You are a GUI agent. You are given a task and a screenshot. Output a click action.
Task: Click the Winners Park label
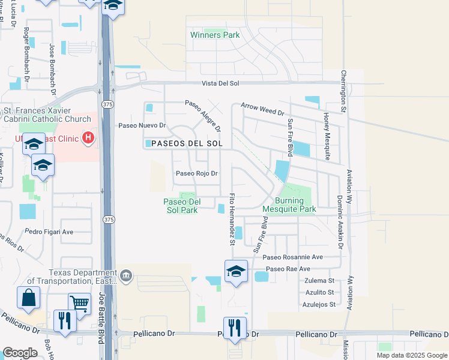pos(215,35)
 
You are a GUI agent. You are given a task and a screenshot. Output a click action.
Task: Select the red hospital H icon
pos(88,139)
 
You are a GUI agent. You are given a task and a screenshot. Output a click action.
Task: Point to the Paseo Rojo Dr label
pos(196,173)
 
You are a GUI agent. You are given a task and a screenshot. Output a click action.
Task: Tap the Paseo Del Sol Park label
pos(181,206)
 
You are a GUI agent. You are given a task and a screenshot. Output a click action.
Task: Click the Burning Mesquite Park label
pos(289,206)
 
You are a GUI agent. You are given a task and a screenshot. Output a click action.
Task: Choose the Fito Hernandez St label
pos(232,220)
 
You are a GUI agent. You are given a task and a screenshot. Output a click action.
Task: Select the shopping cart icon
pos(79,304)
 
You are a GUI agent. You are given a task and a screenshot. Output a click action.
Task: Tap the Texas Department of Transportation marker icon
pos(125,275)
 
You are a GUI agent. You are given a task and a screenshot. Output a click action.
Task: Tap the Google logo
pos(20,353)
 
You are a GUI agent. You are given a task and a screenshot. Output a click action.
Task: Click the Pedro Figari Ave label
pos(49,232)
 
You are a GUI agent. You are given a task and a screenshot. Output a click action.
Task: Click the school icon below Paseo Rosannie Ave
pos(237,271)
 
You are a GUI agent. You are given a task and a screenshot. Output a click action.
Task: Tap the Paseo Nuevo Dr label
pos(142,125)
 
